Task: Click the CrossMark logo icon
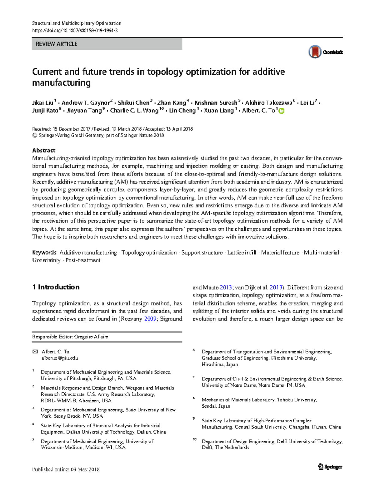(315, 52)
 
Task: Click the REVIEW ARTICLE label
(57, 44)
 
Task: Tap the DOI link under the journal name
(75, 31)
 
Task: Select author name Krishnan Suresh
(216, 103)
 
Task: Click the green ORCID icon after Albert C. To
(281, 111)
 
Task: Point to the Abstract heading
(44, 150)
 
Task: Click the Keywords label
(44, 253)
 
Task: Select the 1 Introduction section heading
(56, 287)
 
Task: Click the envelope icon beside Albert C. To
(35, 352)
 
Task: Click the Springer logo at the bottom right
(330, 467)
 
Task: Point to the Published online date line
(66, 469)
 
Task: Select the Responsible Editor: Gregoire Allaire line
(70, 337)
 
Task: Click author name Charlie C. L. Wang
(134, 111)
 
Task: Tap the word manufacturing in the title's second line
(62, 83)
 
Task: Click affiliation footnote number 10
(194, 440)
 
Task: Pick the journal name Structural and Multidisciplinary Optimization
(77, 23)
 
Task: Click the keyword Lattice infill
(242, 253)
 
